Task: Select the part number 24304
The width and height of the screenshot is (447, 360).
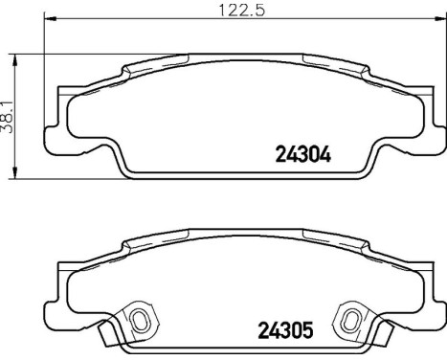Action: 302,152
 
